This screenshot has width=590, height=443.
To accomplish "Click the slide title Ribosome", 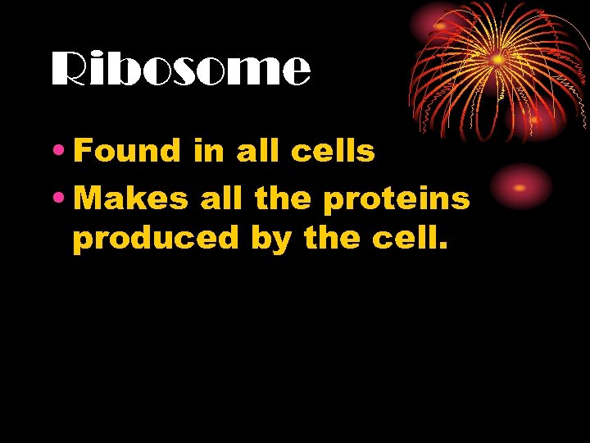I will (181, 71).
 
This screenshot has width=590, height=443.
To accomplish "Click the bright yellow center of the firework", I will (497, 59).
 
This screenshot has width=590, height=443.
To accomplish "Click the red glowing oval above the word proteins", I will (520, 186).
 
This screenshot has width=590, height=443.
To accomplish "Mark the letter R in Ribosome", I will (70, 71).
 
